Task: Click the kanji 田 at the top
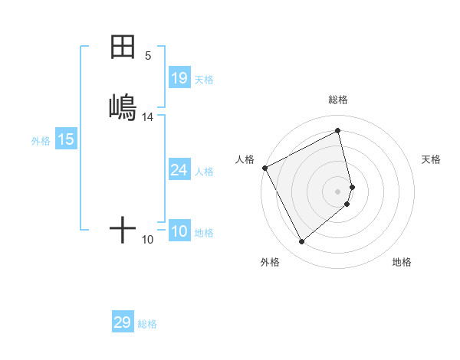pyautogui.click(x=123, y=47)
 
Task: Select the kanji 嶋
pyautogui.click(x=123, y=107)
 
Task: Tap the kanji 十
pyautogui.click(x=123, y=229)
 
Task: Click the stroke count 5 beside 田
pyautogui.click(x=148, y=55)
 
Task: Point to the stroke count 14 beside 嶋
pyautogui.click(x=148, y=117)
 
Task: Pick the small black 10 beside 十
pyautogui.click(x=148, y=240)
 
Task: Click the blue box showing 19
pyautogui.click(x=179, y=78)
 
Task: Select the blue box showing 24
pyautogui.click(x=179, y=170)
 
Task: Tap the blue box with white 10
pyautogui.click(x=179, y=232)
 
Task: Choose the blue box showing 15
pyautogui.click(x=66, y=139)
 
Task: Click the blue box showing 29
pyautogui.click(x=123, y=322)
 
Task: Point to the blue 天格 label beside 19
pyautogui.click(x=204, y=79)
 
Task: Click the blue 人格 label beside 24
pyautogui.click(x=204, y=171)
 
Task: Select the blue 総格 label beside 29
pyautogui.click(x=147, y=324)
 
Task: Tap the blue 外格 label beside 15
pyautogui.click(x=40, y=141)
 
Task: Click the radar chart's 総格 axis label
pyautogui.click(x=338, y=100)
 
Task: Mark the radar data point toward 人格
pyautogui.click(x=264, y=168)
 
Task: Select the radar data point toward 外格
pyautogui.click(x=301, y=242)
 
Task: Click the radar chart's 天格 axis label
pyautogui.click(x=431, y=159)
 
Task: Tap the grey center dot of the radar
pyautogui.click(x=338, y=191)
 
